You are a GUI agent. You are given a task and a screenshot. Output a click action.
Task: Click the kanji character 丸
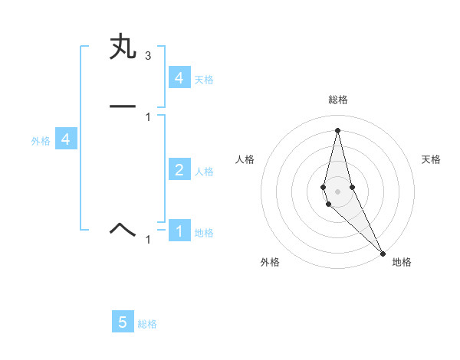pyautogui.click(x=123, y=47)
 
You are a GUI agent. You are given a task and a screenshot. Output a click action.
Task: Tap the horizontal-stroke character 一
pyautogui.click(x=123, y=106)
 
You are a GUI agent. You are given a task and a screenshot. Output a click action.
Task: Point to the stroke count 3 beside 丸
pyautogui.click(x=147, y=56)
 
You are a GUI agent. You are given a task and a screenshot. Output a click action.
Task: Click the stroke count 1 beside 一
pyautogui.click(x=147, y=116)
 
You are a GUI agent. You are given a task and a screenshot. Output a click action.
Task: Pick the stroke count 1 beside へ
pyautogui.click(x=148, y=240)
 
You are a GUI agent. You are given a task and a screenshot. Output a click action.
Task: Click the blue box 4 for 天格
pyautogui.click(x=179, y=78)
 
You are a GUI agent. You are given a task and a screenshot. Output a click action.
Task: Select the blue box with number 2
pyautogui.click(x=179, y=170)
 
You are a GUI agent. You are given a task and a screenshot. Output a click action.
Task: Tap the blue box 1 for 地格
pyautogui.click(x=179, y=231)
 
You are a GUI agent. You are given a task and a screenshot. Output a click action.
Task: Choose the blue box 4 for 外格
pyautogui.click(x=66, y=139)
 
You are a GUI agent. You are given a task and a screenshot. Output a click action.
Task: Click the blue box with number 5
pyautogui.click(x=123, y=322)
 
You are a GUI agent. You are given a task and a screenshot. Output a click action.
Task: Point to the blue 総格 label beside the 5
pyautogui.click(x=147, y=324)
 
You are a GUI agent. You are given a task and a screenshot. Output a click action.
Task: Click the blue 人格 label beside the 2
pyautogui.click(x=204, y=172)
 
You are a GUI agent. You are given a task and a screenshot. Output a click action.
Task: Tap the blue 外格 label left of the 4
pyautogui.click(x=41, y=141)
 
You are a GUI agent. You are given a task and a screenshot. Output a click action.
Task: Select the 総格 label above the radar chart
pyautogui.click(x=338, y=100)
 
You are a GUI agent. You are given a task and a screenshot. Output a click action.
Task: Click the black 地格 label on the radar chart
pyautogui.click(x=402, y=262)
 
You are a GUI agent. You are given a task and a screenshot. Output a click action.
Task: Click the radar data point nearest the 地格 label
pyautogui.click(x=383, y=252)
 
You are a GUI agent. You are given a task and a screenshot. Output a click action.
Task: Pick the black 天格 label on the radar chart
pyautogui.click(x=432, y=159)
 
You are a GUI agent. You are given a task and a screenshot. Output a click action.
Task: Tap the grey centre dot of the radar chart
pyautogui.click(x=337, y=191)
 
